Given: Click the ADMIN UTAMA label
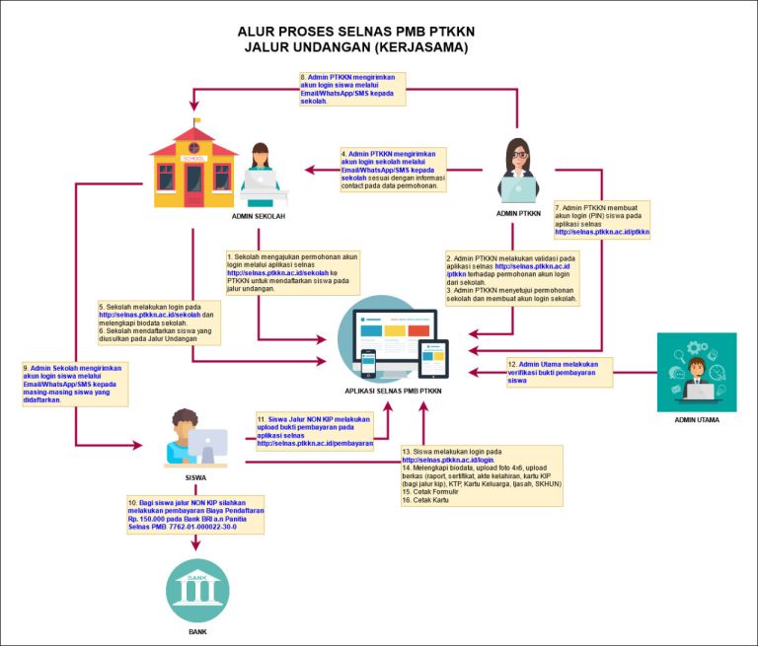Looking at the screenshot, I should pos(697,420).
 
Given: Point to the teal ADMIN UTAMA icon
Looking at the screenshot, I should pos(697,372).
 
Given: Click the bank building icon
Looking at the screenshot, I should pos(197,590).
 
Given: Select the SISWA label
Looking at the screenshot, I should pos(195,476).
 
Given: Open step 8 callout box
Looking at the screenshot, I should pos(351,89).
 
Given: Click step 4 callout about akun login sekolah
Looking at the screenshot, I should pos(393,170).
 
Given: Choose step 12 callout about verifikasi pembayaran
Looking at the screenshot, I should pos(559,372).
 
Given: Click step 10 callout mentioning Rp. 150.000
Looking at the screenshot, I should pos(194,515).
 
